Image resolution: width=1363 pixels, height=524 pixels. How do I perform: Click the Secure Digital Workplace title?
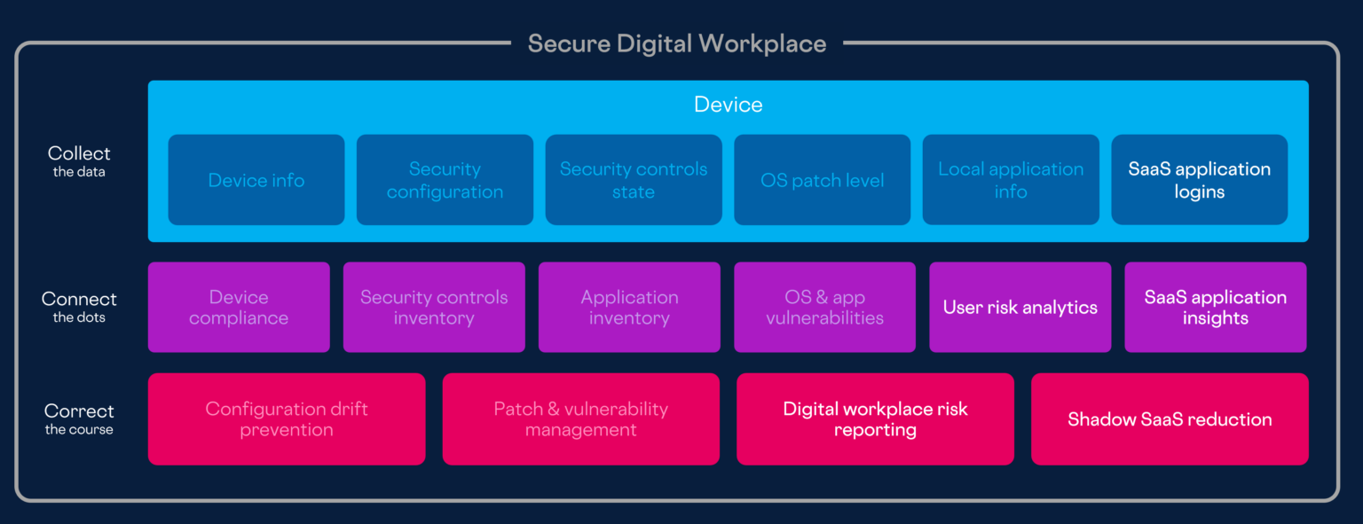(676, 43)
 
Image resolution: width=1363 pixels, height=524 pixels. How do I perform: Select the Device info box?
(256, 180)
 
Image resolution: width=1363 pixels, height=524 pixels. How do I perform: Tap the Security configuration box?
(445, 180)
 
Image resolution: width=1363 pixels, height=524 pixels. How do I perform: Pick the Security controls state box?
(634, 180)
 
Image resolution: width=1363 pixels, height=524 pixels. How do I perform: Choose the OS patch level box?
(823, 180)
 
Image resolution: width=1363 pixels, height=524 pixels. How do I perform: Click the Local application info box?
(1011, 180)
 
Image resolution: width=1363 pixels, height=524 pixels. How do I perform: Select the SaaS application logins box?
(1199, 180)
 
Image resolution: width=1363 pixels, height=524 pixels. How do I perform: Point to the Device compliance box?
(239, 308)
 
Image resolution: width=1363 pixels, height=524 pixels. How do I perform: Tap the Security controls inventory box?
(434, 308)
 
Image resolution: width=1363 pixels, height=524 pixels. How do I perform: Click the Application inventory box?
(629, 308)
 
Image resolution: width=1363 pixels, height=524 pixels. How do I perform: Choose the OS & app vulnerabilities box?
(824, 308)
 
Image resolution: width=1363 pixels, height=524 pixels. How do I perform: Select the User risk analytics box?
(1020, 308)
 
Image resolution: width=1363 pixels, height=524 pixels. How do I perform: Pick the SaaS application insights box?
(1215, 308)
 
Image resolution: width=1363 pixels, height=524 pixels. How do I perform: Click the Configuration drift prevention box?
(287, 419)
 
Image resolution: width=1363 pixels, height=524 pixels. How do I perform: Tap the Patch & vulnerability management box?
(580, 419)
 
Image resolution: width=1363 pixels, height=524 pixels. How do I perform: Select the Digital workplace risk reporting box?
(875, 419)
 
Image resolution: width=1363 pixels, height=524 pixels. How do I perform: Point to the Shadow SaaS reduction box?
(1170, 419)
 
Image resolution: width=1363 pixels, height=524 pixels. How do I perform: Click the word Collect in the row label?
(79, 153)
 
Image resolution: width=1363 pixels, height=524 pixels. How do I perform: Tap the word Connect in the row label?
(79, 300)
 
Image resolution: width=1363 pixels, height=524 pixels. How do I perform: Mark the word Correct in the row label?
(79, 411)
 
